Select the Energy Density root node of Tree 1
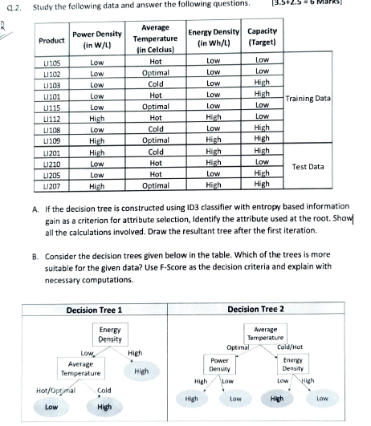tap(110, 335)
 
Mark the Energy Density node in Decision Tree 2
tap(293, 365)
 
